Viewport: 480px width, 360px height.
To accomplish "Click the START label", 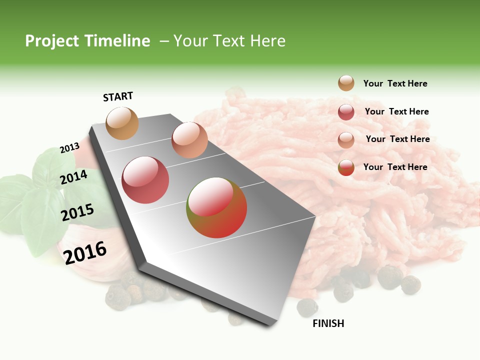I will point(118,96).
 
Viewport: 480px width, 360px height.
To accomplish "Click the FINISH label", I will point(328,323).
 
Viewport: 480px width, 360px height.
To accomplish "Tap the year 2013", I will point(69,148).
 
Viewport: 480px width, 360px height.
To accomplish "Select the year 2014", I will point(73,177).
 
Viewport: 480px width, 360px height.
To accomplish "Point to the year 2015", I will point(77,212).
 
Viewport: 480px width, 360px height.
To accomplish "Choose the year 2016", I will point(85,252).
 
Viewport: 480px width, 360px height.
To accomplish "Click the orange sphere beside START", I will point(122,123).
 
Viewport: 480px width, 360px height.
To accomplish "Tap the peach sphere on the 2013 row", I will point(189,140).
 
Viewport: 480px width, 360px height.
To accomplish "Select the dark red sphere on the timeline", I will point(145,180).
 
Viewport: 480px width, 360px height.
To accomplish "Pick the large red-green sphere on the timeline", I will point(216,207).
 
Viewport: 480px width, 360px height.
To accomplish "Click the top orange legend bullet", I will point(346,83).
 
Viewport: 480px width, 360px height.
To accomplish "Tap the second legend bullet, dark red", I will point(346,112).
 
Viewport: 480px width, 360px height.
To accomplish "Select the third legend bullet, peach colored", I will point(346,140).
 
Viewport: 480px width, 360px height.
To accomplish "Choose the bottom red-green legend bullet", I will point(346,167).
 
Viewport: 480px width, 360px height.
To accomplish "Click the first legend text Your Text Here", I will point(395,83).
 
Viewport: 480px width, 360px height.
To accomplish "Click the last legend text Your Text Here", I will point(395,167).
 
